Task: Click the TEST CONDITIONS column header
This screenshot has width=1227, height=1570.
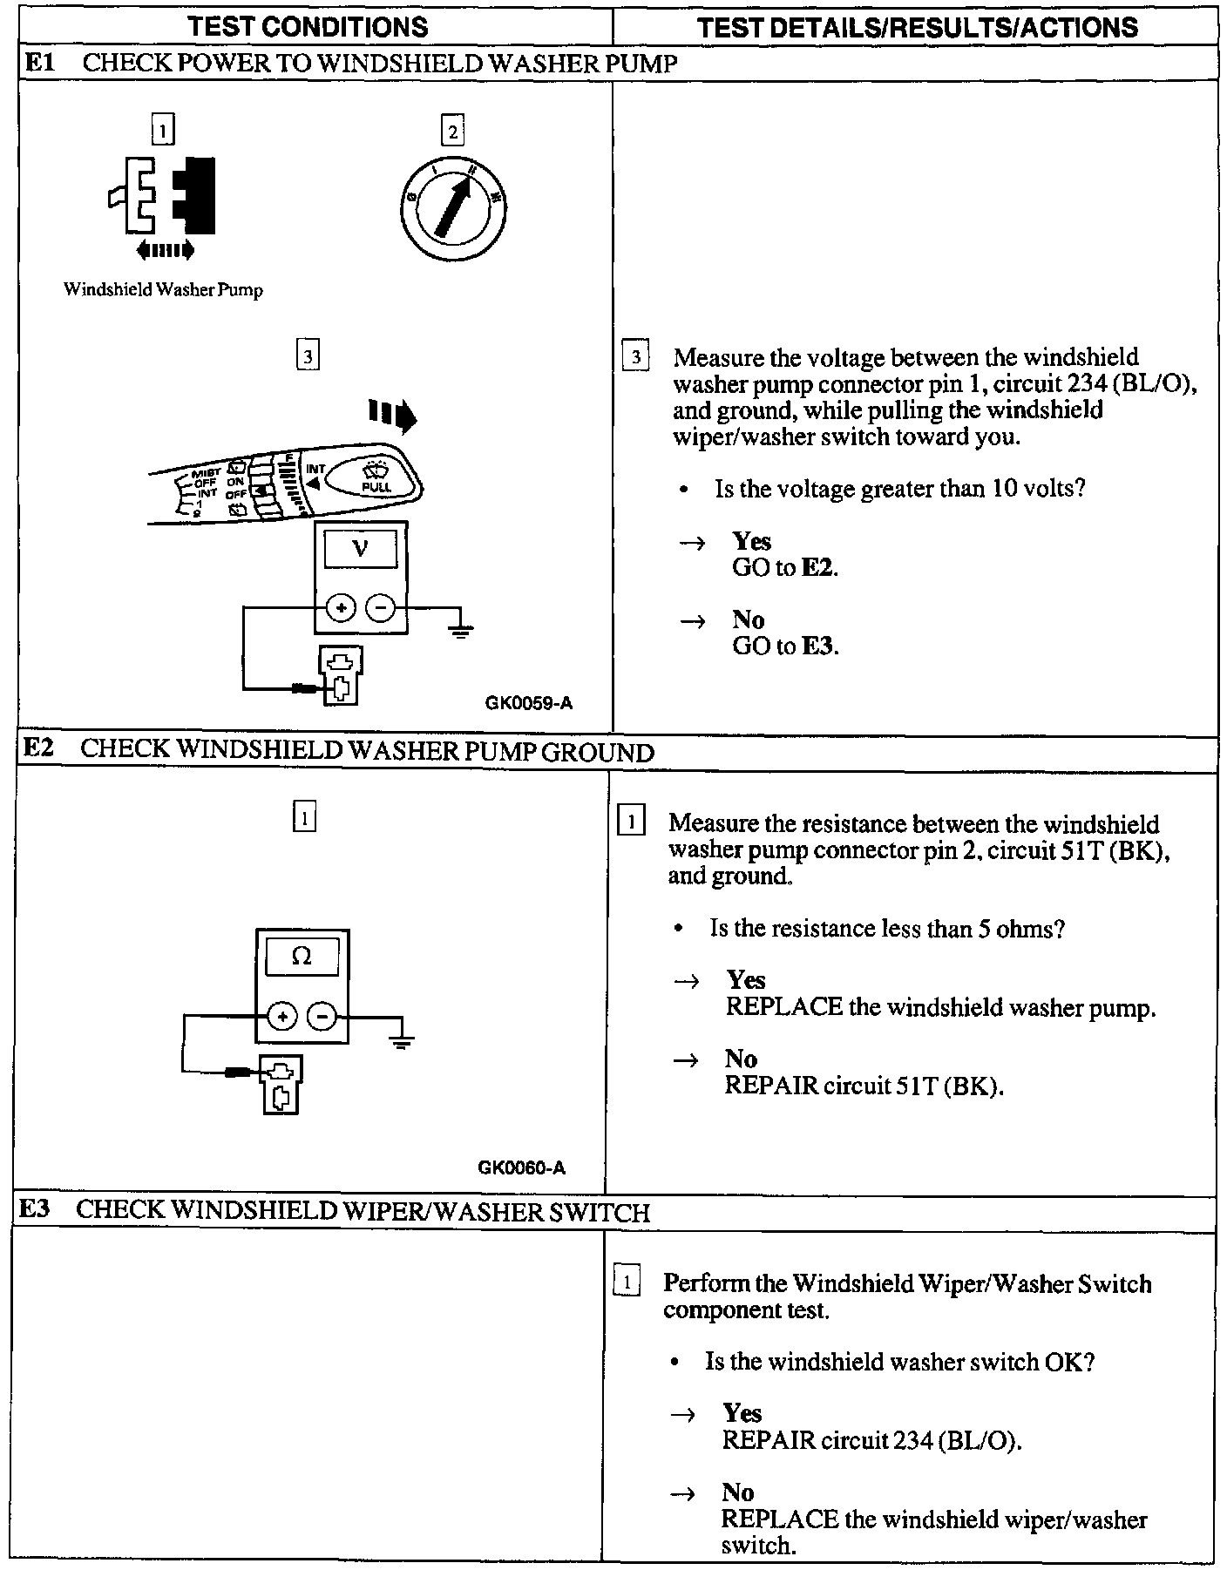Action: coord(308,27)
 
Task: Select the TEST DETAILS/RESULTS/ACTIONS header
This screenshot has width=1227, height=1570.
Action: coord(917,27)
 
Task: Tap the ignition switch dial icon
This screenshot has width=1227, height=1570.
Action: coord(453,210)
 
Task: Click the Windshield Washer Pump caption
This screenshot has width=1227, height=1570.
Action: coord(163,290)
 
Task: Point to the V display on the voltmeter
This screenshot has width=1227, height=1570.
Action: coord(360,548)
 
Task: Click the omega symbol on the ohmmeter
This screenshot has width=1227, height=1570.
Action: coord(301,957)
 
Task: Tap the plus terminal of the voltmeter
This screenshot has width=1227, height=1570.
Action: coord(341,607)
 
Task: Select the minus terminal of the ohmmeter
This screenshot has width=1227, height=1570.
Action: coord(322,1016)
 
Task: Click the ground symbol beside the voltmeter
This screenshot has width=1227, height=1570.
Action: coord(460,628)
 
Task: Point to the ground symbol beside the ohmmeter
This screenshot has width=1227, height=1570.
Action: coord(401,1039)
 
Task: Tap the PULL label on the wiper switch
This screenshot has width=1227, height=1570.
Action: coord(376,487)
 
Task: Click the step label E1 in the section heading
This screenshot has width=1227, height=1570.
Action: coord(40,63)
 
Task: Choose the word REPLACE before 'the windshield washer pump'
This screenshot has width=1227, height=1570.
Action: coord(784,1008)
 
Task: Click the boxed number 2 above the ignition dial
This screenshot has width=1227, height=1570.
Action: coord(452,132)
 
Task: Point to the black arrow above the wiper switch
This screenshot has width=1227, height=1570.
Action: coord(393,416)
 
